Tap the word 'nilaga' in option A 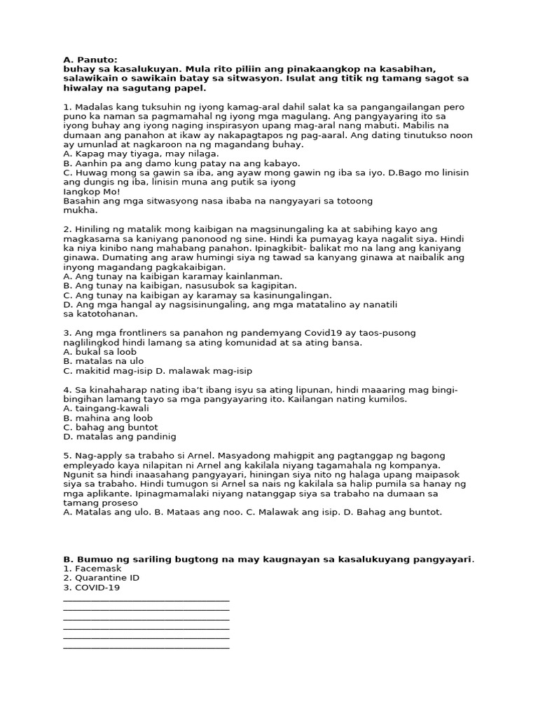(x=202, y=154)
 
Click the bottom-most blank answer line (x=146, y=646)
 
